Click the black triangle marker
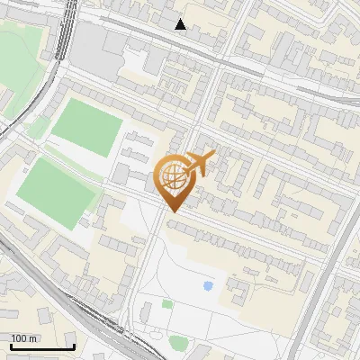coord(181,24)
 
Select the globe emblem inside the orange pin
coord(173,175)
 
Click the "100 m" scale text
coord(24,338)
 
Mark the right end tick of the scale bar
coord(74,346)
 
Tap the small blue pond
coord(208,286)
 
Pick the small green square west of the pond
coord(166,304)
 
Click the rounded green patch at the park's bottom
coord(178,342)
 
